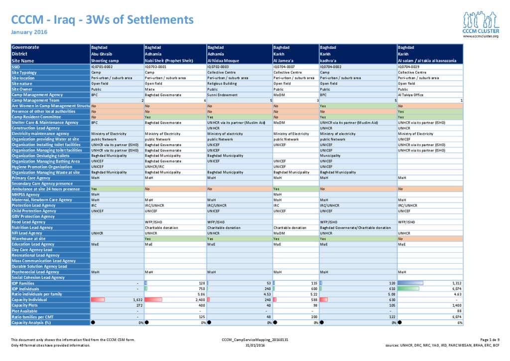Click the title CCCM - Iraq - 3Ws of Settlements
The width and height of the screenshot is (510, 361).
102,19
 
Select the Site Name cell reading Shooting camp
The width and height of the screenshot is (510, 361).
105,60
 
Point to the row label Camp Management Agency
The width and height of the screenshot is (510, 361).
37,94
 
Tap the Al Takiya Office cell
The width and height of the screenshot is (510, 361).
411,94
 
